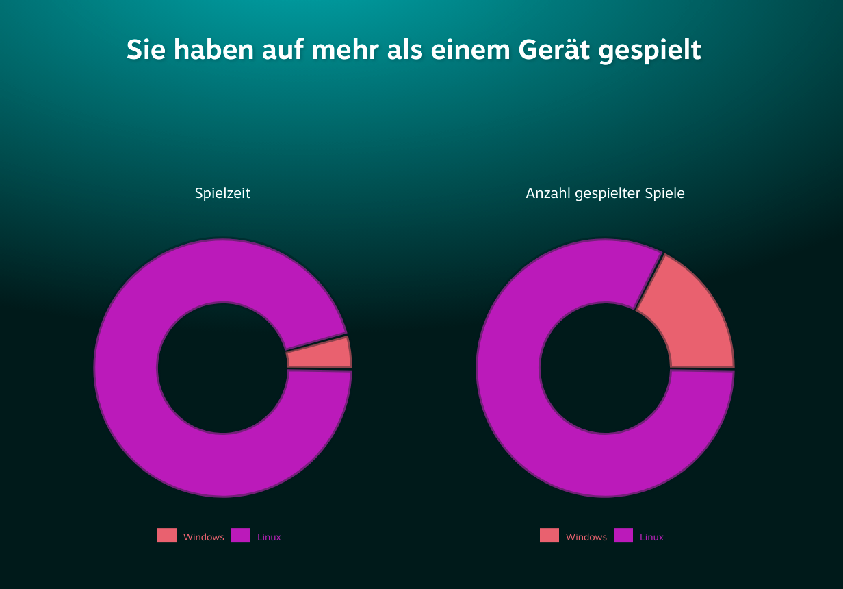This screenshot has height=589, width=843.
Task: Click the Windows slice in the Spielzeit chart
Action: [x=320, y=354]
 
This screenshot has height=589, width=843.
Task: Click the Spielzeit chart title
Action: [x=222, y=194]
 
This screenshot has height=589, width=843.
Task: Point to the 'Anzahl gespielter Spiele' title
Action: [x=605, y=194]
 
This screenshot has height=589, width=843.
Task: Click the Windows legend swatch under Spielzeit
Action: [x=167, y=536]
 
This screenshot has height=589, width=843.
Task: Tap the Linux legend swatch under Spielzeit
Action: [x=241, y=536]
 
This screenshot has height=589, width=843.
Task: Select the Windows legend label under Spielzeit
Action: [x=204, y=538]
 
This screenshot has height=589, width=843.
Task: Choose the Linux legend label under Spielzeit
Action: [x=269, y=538]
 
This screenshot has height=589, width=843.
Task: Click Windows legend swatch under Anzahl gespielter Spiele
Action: [x=549, y=536]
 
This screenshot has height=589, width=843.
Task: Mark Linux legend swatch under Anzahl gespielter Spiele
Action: [x=623, y=536]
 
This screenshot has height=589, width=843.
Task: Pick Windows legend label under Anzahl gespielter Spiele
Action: [x=586, y=538]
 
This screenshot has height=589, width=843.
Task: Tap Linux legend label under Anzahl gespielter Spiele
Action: [x=651, y=538]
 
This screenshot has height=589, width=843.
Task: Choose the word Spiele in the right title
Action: [x=665, y=194]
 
